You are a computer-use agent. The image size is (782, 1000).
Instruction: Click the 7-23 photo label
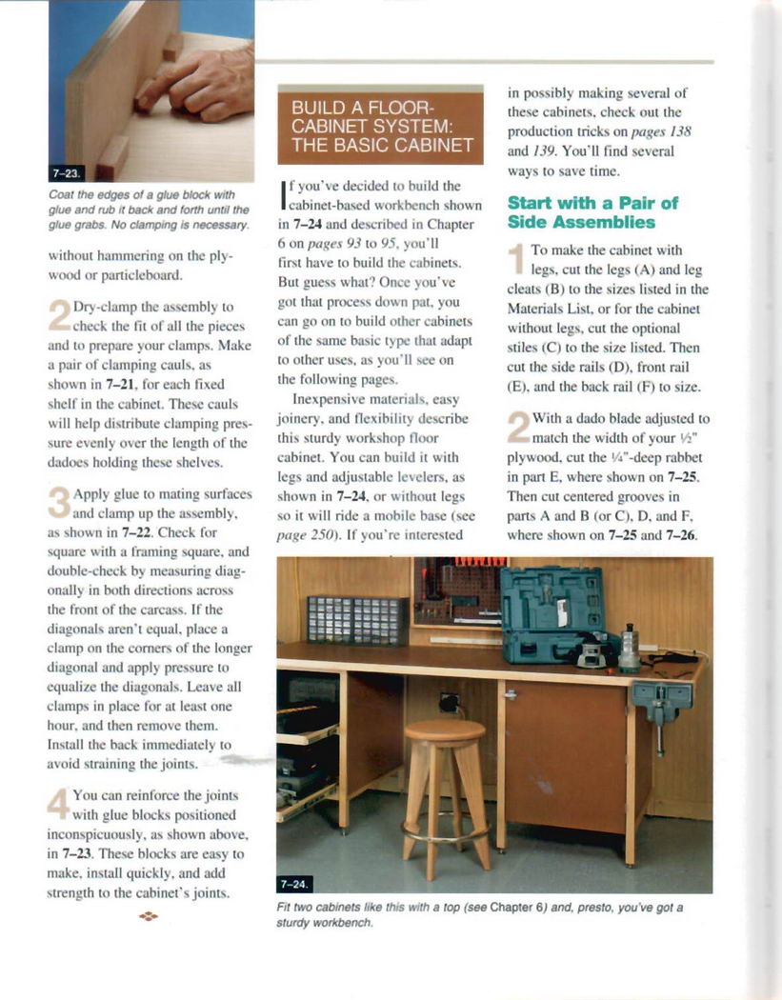(68, 173)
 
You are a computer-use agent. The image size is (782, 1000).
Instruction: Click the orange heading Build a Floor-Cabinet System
(381, 125)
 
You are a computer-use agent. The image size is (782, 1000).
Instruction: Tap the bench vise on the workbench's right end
(662, 703)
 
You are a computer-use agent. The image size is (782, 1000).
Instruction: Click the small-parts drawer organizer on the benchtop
(357, 620)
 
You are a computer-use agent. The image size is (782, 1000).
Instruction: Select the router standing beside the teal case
(630, 650)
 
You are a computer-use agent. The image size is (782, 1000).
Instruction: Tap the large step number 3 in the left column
(59, 501)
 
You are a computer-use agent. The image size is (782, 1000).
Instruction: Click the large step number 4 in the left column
(59, 803)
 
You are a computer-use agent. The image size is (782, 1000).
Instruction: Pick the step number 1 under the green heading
(517, 258)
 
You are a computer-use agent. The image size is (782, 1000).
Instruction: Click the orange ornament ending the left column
(148, 916)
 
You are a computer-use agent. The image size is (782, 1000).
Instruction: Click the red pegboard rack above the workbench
(458, 588)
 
